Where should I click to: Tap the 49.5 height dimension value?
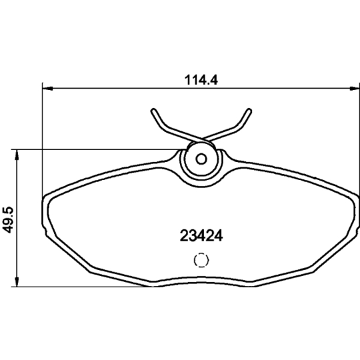[7, 217]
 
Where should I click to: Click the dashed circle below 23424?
[201, 261]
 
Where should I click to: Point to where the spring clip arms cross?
[201, 141]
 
